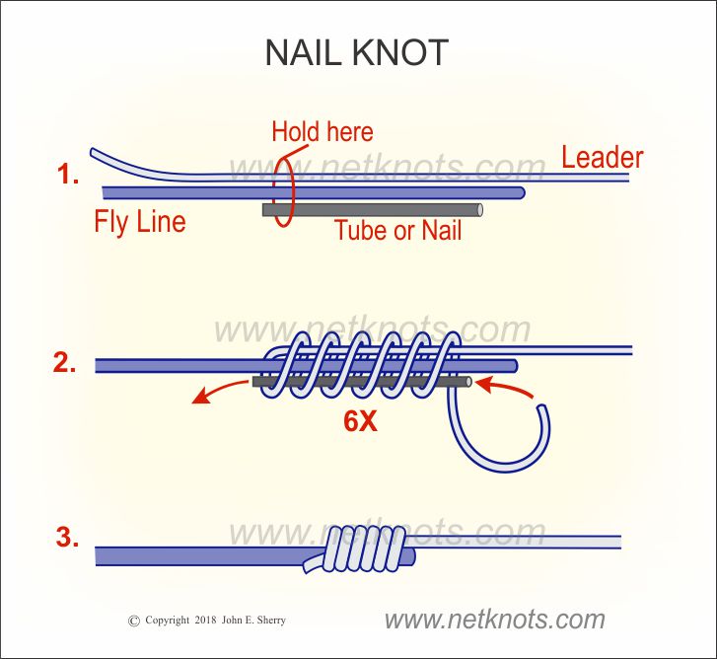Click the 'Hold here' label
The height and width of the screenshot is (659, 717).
click(322, 131)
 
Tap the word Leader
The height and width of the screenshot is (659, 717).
click(602, 157)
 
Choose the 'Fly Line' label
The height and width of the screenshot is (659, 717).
click(140, 221)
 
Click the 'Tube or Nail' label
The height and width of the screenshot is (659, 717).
click(398, 232)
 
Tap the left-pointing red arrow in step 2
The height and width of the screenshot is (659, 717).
click(215, 393)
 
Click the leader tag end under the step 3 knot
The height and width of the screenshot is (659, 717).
click(315, 565)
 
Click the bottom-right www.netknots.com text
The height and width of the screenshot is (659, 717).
click(494, 620)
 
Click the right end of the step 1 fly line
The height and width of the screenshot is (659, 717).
click(519, 190)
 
